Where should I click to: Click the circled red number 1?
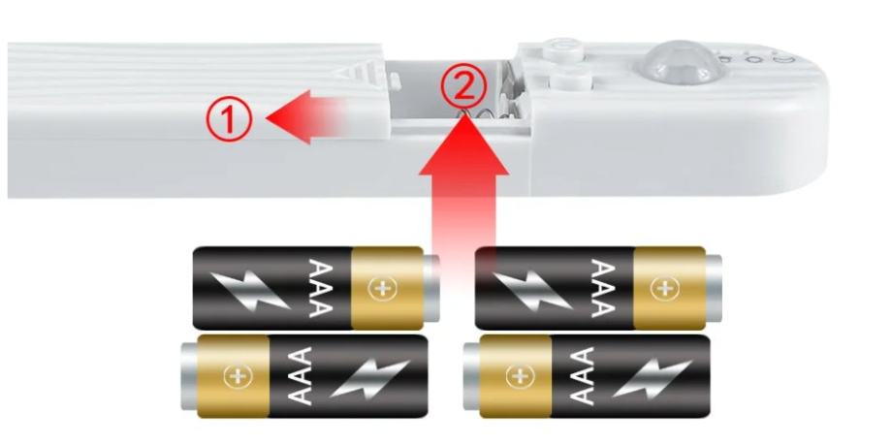pos(229,118)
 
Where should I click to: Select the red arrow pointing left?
pos(306,116)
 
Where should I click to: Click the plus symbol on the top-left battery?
pos(381,289)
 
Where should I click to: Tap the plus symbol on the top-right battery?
pos(664,289)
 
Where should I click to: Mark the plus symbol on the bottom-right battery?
pos(519,377)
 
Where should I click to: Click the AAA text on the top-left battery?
pos(321,288)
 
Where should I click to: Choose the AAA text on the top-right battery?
pos(604,288)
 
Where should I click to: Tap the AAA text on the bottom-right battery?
pos(580,376)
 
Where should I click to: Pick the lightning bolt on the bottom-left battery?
pos(369,378)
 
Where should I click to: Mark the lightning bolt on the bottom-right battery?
pos(652,378)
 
